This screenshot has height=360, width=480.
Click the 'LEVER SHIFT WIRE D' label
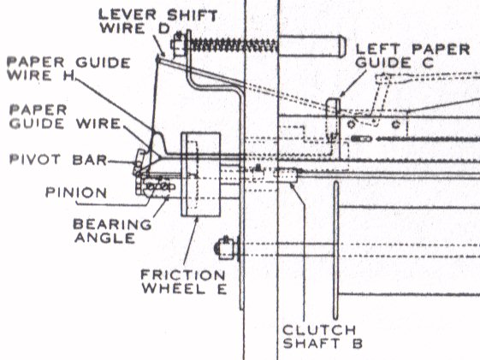pyautogui.click(x=157, y=21)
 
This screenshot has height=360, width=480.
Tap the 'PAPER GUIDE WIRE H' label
pyautogui.click(x=69, y=69)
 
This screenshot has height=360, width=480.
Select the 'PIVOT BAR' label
pyautogui.click(x=58, y=160)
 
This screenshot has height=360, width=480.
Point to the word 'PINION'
pyautogui.click(x=76, y=192)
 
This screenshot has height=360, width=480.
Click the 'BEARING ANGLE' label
pyautogui.click(x=112, y=231)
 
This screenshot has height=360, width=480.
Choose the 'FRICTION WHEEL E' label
pyautogui.click(x=184, y=281)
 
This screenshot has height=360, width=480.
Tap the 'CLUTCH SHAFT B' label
pyautogui.click(x=323, y=337)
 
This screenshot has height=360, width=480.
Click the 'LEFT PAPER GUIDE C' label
pyautogui.click(x=413, y=56)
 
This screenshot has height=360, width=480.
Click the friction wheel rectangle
pyautogui.click(x=201, y=174)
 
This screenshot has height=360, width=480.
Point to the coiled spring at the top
pyautogui.click(x=233, y=46)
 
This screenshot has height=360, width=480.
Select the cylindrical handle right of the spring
pyautogui.click(x=312, y=46)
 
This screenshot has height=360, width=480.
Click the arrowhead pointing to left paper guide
pyautogui.click(x=342, y=94)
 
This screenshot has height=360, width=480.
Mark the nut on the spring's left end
pyautogui.click(x=178, y=45)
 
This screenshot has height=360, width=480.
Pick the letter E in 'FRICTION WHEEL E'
pyautogui.click(x=222, y=289)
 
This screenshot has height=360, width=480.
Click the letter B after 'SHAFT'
pyautogui.click(x=358, y=344)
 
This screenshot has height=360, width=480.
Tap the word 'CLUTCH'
pyautogui.click(x=319, y=330)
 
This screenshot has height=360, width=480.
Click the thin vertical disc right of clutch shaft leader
pyautogui.click(x=336, y=251)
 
